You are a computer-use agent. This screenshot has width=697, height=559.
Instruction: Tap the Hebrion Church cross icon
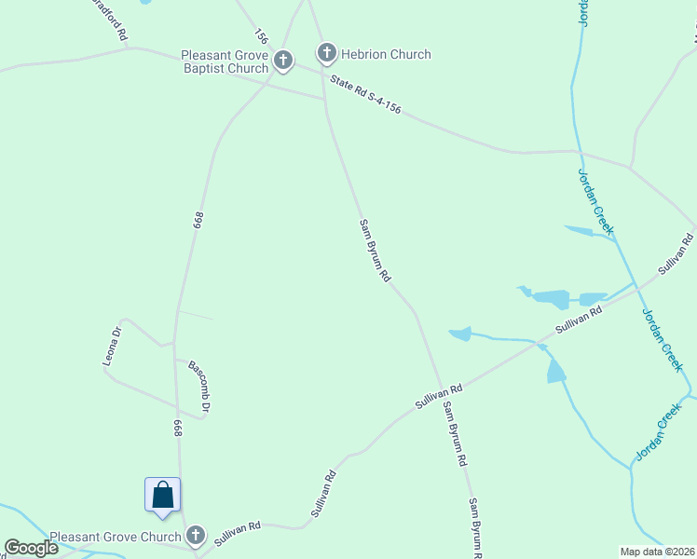click(x=327, y=53)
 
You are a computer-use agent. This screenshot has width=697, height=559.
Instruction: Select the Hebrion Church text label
click(x=385, y=54)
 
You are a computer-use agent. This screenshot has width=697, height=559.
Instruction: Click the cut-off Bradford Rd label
click(x=110, y=17)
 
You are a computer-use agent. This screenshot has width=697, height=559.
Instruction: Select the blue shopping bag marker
click(x=162, y=495)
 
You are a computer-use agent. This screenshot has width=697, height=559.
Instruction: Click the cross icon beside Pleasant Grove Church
click(x=195, y=535)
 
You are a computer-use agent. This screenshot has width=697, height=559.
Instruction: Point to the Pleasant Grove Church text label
click(x=115, y=537)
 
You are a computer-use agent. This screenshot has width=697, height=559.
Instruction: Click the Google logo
click(x=31, y=548)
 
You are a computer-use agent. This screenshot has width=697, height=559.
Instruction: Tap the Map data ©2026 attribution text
click(x=657, y=551)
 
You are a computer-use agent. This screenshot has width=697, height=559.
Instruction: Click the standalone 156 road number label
click(x=261, y=37)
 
